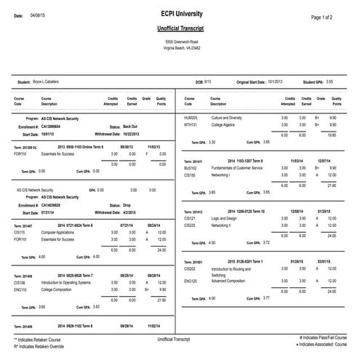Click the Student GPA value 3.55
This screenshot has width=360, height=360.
point(330,81)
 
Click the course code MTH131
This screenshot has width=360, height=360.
point(191,124)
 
